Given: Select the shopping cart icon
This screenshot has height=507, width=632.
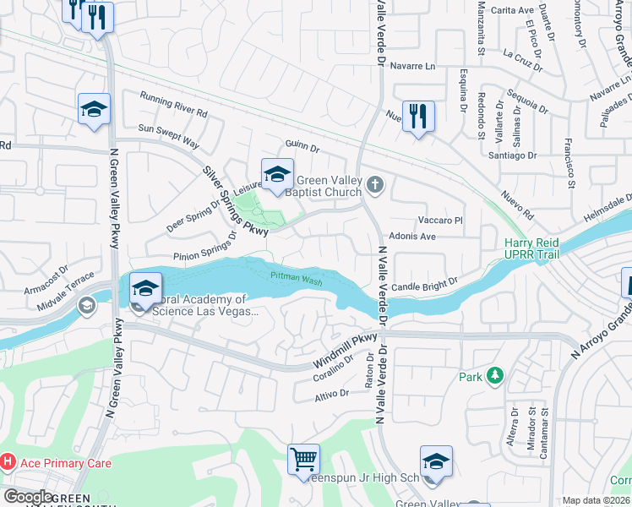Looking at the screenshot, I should coord(303,460).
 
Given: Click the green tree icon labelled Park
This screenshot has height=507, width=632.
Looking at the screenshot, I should coord(495,376).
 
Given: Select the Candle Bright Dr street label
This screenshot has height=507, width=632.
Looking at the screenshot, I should coord(423,285).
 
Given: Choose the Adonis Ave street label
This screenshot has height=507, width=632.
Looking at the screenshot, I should coord(412,237).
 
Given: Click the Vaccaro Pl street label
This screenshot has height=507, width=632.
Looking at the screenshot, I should coord(441,220).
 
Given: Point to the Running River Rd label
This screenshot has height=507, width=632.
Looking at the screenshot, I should coord(173,104).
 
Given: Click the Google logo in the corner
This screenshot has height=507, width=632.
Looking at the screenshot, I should coord(28,496).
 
